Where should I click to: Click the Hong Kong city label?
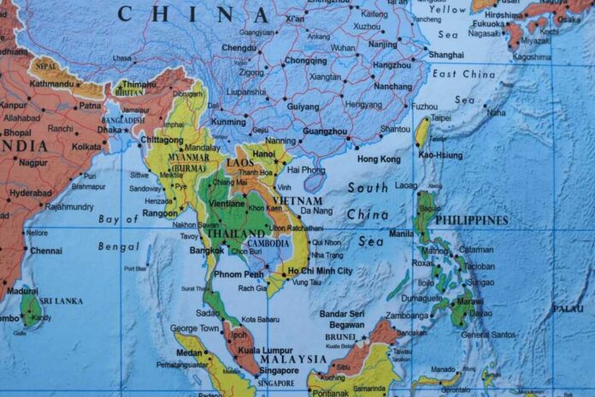[x=378, y=159]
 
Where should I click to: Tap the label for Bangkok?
[x=208, y=250]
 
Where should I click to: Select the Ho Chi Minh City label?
[x=320, y=270]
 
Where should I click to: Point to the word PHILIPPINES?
[x=472, y=220]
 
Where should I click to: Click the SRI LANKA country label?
[x=63, y=301]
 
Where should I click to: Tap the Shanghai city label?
[x=445, y=55]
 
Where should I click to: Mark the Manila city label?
[x=401, y=233]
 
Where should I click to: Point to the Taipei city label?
[x=441, y=118]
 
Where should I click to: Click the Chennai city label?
[x=46, y=251]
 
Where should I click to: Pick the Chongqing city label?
[x=305, y=61]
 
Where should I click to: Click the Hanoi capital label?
[x=264, y=154]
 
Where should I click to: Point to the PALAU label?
[x=568, y=308]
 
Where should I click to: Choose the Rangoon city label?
[x=161, y=213]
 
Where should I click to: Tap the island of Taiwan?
[x=422, y=133]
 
